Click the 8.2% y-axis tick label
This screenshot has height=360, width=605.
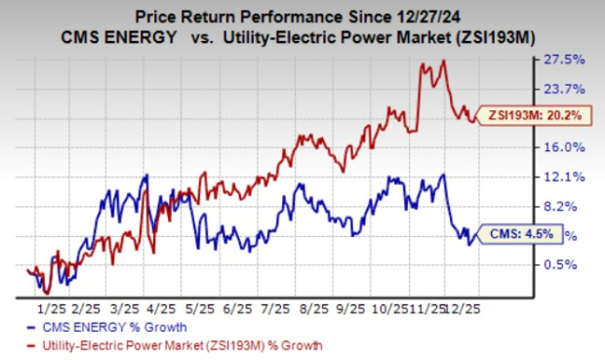click(569, 206)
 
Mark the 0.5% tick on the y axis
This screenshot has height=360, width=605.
click(569, 264)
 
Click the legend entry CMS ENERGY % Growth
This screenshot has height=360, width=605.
click(101, 327)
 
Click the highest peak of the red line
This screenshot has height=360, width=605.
click(444, 60)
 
